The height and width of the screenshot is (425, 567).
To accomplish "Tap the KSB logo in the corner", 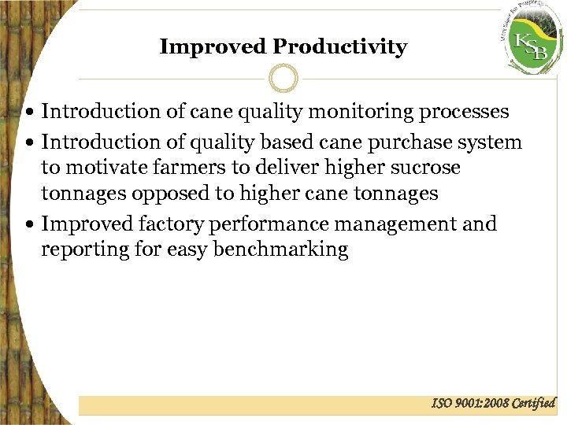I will pos(532,43).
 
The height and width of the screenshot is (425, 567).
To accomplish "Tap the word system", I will pos(494,142).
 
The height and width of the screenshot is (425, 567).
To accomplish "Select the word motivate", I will pos(105,168).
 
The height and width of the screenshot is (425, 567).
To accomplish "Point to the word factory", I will pos(172,224).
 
